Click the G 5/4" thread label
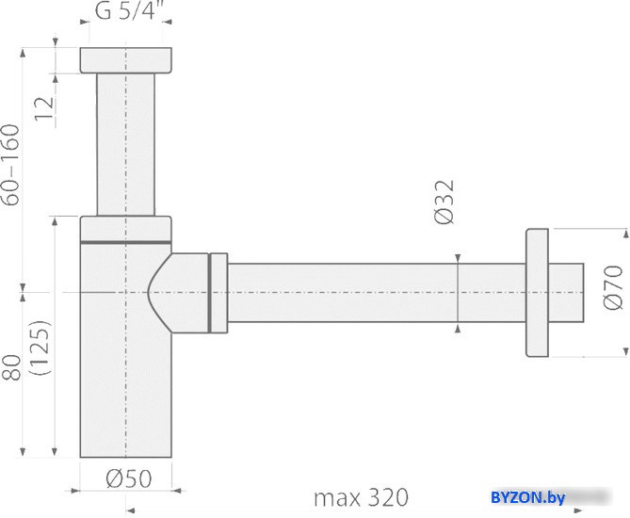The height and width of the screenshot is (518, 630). tap(125, 11)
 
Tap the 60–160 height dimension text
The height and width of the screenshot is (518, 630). tap(11, 165)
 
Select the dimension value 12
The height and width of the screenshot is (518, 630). tap(44, 107)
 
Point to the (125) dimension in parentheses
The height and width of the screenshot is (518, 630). tap(41, 348)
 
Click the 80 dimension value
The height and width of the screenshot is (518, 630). tap(11, 367)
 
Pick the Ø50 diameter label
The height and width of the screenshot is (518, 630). tap(129, 478)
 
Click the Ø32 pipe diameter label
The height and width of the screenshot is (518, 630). tap(444, 202)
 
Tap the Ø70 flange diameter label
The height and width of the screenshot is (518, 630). tap(613, 288)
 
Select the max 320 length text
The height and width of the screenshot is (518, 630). tap(361, 497)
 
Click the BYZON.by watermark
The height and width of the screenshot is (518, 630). tap(527, 497)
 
